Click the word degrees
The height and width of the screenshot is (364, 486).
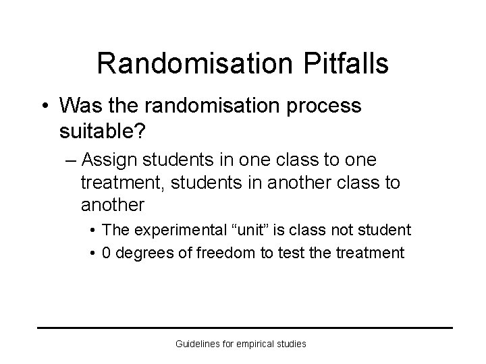[141, 253]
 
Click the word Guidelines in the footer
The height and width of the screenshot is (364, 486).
[196, 344]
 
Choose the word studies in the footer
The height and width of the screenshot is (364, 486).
[292, 344]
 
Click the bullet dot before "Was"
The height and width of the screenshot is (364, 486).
[44, 106]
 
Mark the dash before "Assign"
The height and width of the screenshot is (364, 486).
[84, 161]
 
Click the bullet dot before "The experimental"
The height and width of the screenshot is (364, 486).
[92, 231]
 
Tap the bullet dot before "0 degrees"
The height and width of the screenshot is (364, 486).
[92, 253]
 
